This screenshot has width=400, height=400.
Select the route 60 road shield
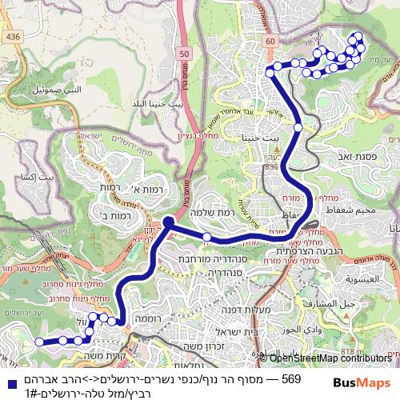pos(270,41)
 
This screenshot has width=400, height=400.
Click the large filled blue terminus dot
pos(169,222)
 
